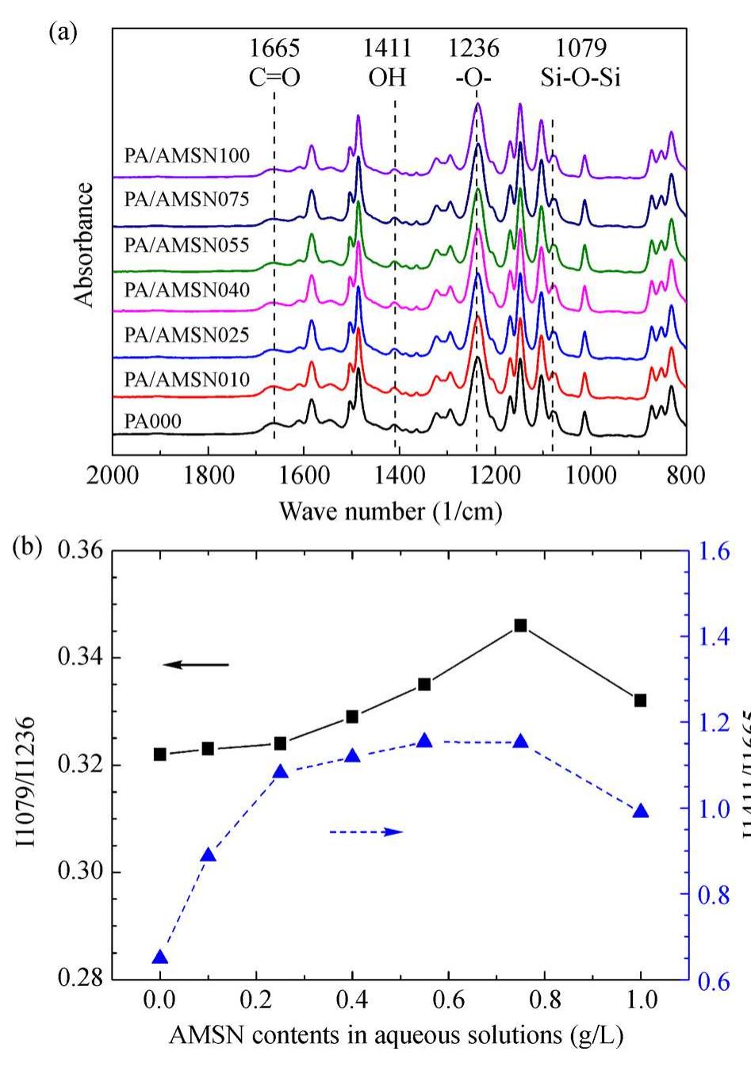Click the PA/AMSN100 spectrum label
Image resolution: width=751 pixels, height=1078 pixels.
tap(186, 155)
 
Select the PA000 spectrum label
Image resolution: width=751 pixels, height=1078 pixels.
tap(153, 420)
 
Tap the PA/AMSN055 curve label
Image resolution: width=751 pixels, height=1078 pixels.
tap(186, 245)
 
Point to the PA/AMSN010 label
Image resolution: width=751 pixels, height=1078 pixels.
tap(186, 379)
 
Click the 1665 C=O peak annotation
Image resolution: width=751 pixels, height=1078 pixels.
tap(274, 62)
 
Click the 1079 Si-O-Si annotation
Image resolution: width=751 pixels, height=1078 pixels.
tap(576, 62)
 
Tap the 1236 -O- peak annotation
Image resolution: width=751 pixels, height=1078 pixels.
tap(474, 62)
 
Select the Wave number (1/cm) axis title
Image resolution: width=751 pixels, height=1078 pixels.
tap(390, 511)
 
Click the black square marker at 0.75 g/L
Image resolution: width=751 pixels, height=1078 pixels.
tap(520, 625)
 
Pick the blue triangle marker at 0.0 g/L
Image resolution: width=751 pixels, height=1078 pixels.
tap(160, 958)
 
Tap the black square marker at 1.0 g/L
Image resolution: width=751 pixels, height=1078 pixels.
tap(640, 700)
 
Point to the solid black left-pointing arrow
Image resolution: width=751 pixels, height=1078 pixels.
tap(195, 664)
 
